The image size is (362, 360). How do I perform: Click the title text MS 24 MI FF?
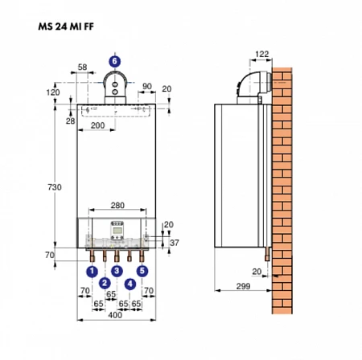click(66, 27)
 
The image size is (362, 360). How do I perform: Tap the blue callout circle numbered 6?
click(115, 61)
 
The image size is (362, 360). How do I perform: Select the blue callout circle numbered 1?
click(92, 272)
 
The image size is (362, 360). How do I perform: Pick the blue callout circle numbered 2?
click(105, 283)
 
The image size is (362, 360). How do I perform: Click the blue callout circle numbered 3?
click(117, 271)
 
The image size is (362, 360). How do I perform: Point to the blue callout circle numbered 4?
click(130, 284)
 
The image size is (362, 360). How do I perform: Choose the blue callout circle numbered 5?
click(142, 271)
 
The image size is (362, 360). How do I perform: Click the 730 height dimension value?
click(55, 187)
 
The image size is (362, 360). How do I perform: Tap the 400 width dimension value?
click(115, 315)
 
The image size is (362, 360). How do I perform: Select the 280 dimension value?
click(117, 205)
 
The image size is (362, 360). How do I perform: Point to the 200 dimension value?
click(97, 125)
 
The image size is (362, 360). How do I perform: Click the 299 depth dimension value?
click(243, 286)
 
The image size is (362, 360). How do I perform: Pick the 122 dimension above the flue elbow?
click(261, 54)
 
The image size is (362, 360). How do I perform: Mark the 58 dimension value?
click(82, 67)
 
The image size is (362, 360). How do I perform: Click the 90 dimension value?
click(147, 86)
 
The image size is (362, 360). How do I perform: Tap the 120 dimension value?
click(53, 92)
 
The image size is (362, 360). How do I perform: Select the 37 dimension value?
click(175, 243)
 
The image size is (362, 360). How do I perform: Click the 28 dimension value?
click(71, 121)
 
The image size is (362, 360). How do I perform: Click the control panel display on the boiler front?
click(117, 231)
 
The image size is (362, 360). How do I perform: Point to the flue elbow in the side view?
click(254, 85)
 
